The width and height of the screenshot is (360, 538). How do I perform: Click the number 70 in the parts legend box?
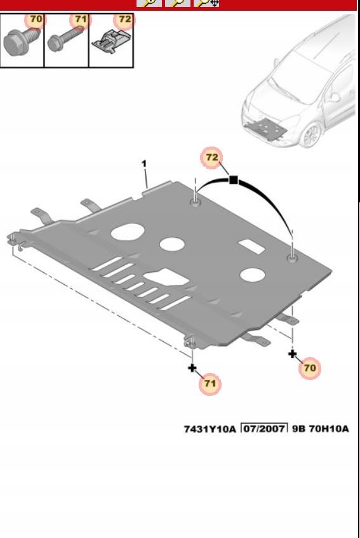coord(36,19)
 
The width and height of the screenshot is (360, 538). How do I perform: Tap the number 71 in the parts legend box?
coord(81,19)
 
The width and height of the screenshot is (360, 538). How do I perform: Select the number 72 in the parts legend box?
coord(124,19)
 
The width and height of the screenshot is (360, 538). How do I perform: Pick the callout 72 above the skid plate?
coord(212,157)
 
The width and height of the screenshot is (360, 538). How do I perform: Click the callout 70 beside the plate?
coord(310,368)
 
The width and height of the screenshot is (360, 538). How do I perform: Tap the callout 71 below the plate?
coord(210,383)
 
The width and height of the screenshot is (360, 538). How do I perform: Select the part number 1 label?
coord(144,164)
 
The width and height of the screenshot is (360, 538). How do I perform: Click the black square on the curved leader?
coord(234,180)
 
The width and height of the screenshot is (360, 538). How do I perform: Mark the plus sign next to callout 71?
coord(192,368)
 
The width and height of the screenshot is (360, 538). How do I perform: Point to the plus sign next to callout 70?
coord(292,354)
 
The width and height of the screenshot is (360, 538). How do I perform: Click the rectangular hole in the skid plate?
coord(252,246)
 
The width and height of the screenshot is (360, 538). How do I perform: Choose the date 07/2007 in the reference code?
coord(265,428)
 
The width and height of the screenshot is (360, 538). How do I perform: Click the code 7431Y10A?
coord(210,429)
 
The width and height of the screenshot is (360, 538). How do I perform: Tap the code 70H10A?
coord(329,429)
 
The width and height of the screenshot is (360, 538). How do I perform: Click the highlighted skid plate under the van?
coord(266,129)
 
